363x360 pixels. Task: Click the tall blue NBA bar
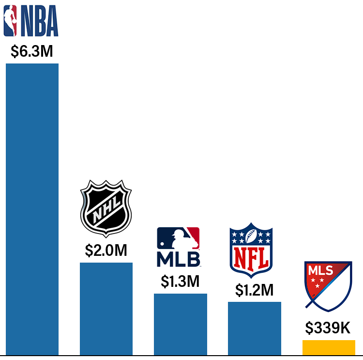click(x=32, y=208)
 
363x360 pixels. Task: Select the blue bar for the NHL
click(x=106, y=308)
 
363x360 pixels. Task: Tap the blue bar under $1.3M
click(x=181, y=324)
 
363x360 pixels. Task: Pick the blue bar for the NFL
click(x=255, y=328)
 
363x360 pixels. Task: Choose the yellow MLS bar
click(x=329, y=347)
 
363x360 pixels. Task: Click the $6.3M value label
click(x=32, y=51)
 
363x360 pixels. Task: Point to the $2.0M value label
click(x=106, y=250)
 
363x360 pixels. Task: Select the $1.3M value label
click(x=180, y=282)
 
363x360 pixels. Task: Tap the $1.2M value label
click(x=255, y=290)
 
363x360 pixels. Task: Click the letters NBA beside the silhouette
click(x=38, y=21)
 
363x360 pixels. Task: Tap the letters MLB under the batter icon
click(x=178, y=259)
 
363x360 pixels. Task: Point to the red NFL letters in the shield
click(x=251, y=259)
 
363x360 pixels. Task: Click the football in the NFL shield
click(x=251, y=236)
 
